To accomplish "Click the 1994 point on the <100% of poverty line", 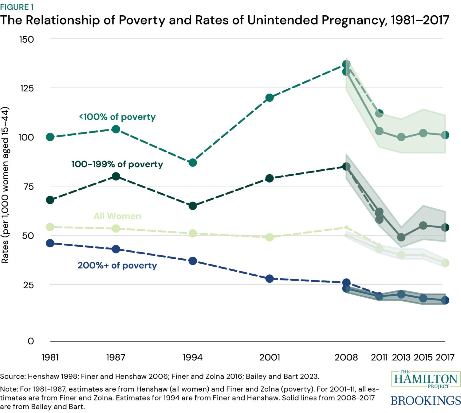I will point(193,163).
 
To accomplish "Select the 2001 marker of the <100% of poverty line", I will point(270,98).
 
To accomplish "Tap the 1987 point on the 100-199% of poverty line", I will point(116,176).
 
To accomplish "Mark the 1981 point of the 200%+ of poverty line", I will point(50,243).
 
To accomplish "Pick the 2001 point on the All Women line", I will point(270,237).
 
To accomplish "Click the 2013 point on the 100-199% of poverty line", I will point(401,237).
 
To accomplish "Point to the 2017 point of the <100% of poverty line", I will point(445,135).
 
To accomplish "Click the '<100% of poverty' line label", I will point(117,117).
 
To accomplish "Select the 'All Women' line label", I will point(117,216).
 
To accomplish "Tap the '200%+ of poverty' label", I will point(117,265).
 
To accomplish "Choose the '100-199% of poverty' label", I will point(117,164).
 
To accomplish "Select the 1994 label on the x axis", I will point(193,357).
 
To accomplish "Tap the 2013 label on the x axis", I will point(401,357).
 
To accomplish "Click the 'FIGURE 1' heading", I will point(17,7).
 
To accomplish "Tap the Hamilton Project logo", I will point(426,380).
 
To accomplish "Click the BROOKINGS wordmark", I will point(426,400).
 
